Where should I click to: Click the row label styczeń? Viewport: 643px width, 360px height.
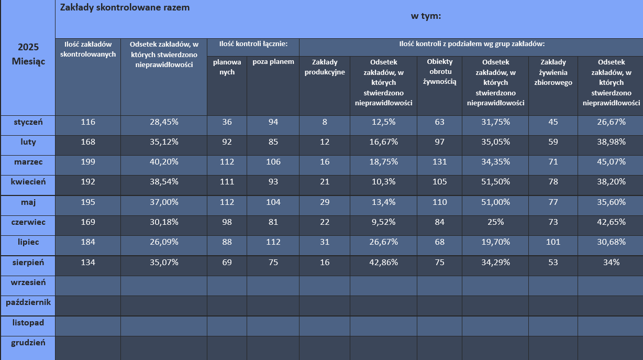click(28, 122)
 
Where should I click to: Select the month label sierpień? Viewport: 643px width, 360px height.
click(28, 262)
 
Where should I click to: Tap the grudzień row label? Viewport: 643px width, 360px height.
click(28, 343)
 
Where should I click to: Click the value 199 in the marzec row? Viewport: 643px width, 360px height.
click(88, 162)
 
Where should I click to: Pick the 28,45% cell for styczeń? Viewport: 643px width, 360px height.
click(163, 122)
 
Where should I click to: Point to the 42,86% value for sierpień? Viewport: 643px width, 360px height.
click(383, 263)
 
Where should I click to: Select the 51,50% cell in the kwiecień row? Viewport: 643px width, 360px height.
click(495, 182)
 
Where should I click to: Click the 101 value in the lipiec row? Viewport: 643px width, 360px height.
click(553, 242)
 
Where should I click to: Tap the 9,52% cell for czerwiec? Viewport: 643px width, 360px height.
click(383, 222)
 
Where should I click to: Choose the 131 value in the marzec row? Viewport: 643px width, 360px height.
click(439, 162)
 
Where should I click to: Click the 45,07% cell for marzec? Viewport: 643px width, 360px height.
click(611, 162)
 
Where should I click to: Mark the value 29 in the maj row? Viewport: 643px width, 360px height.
click(325, 202)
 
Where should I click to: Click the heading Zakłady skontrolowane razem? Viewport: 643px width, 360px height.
click(125, 8)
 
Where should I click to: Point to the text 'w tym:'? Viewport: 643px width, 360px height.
click(426, 16)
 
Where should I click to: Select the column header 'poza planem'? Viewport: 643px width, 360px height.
click(273, 62)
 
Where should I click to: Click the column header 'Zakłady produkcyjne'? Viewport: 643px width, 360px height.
click(325, 67)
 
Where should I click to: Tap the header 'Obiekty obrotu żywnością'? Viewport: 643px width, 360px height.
click(439, 72)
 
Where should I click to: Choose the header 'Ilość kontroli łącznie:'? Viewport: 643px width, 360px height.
click(253, 44)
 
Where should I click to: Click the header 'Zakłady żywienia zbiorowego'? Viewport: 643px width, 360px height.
click(553, 72)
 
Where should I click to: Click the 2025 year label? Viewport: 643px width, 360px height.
click(28, 47)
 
